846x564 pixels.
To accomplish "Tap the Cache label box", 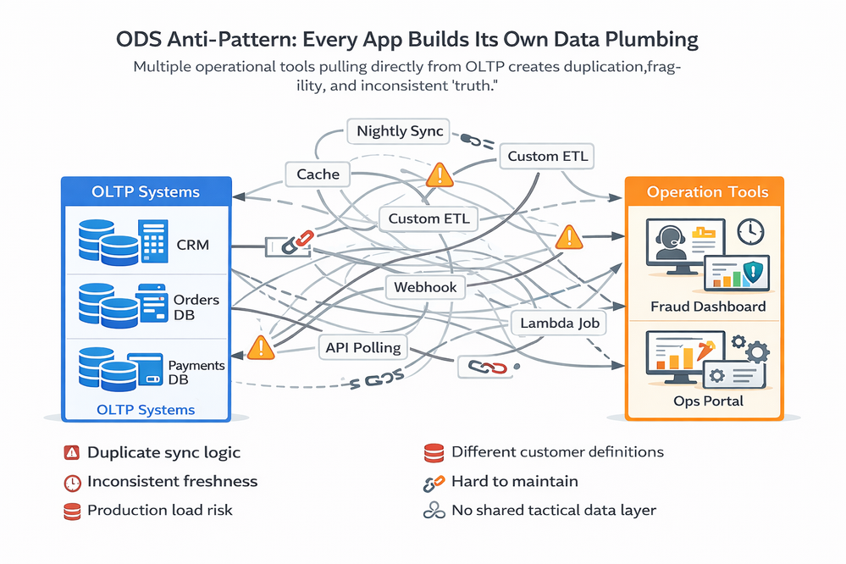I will coord(318,174).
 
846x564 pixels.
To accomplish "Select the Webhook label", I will coord(425,287).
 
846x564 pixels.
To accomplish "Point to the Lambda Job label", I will coord(560,323).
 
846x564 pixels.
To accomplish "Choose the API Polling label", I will coord(363,346).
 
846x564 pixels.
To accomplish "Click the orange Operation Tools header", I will coord(707,192).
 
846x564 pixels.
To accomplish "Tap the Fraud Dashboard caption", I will coord(707,307).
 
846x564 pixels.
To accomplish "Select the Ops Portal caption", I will coord(708,400).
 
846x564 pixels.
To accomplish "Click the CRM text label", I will coord(192,246).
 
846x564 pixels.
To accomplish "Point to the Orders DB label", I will coord(196,307).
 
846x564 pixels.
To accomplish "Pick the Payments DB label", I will coord(196,373).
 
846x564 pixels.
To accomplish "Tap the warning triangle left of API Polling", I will coord(261,347).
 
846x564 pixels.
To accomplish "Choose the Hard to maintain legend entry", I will coord(515,481).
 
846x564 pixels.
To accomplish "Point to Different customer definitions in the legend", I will coord(557,452).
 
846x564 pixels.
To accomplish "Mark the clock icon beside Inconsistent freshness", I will coord(71,482).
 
